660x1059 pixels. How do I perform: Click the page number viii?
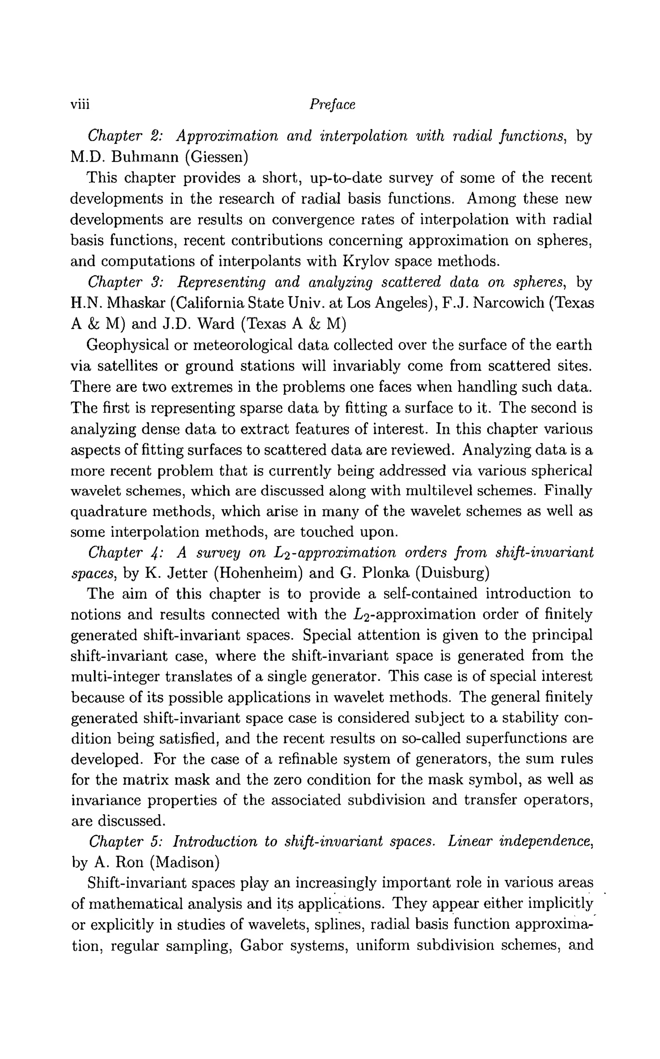[x=80, y=105]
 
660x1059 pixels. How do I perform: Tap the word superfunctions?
[x=518, y=739]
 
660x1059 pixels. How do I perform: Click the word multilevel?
[x=440, y=491]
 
